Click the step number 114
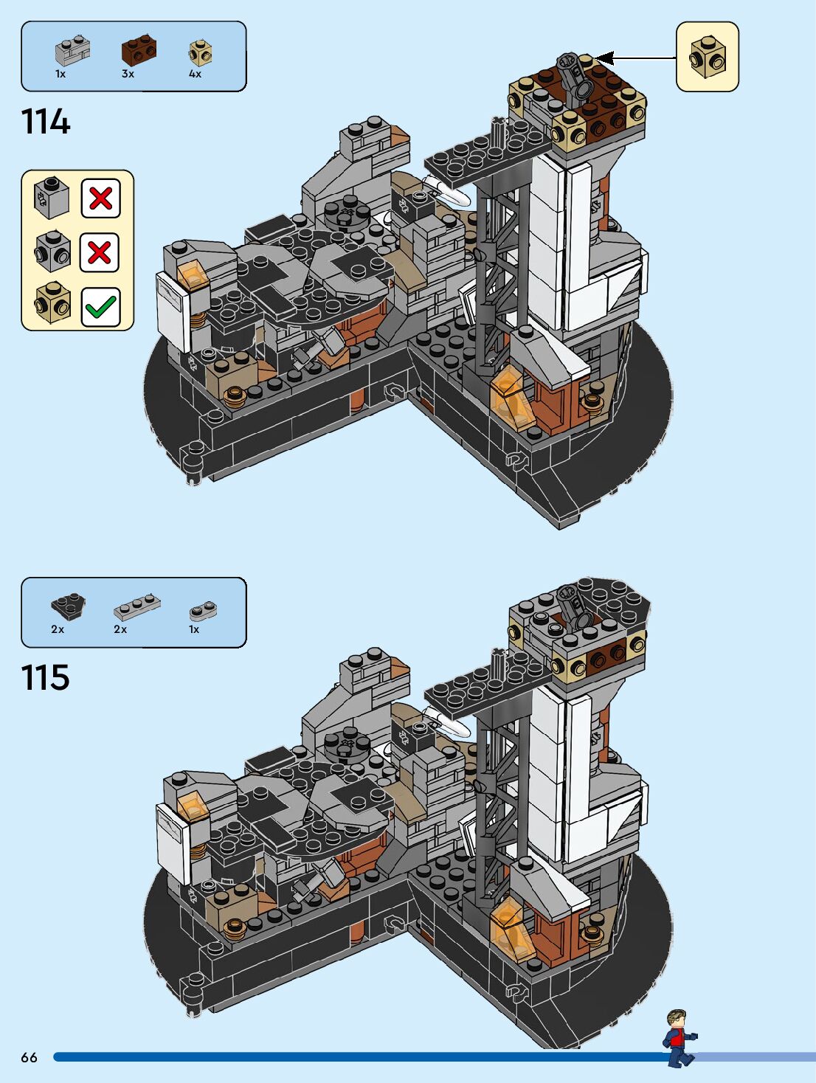(46, 122)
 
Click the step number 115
(46, 677)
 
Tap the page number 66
(29, 1057)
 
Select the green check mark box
(100, 307)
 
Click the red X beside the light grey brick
(100, 198)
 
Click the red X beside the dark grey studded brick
(100, 252)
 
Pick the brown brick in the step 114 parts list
(139, 50)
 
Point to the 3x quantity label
(128, 74)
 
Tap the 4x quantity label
(195, 74)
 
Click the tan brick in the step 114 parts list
(201, 53)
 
